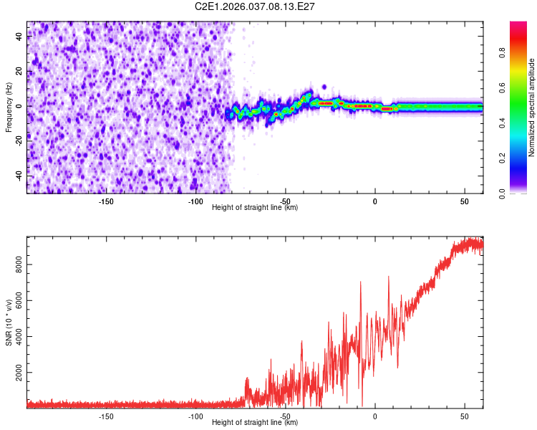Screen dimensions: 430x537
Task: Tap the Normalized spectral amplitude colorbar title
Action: (532, 107)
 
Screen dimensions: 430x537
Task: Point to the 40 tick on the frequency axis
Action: (19, 37)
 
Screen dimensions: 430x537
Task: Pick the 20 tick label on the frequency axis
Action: (19, 72)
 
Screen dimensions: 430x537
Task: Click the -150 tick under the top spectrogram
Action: (106, 201)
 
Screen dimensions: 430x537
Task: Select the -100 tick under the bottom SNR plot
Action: (195, 416)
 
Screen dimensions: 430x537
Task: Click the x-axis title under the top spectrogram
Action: (255, 208)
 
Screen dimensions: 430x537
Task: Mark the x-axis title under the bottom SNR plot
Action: (255, 423)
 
